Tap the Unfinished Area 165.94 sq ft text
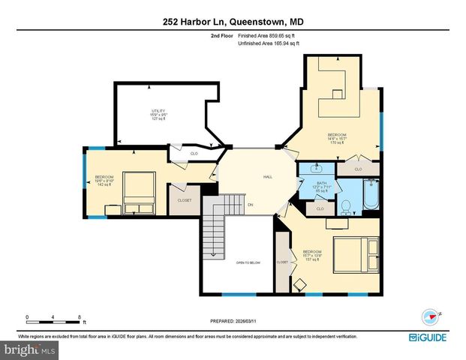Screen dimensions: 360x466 (269, 44)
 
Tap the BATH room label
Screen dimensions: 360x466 (320, 184)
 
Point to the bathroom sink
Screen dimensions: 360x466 (310, 169)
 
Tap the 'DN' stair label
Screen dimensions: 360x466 (251, 204)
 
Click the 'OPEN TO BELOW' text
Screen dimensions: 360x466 (247, 262)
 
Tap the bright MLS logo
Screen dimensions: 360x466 (29, 349)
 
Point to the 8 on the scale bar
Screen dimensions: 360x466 (79, 316)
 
